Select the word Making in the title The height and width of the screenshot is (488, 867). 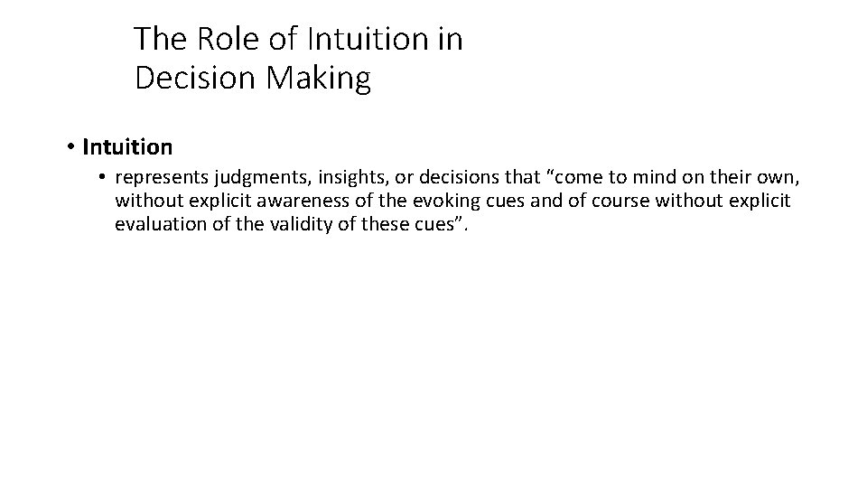(317, 79)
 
